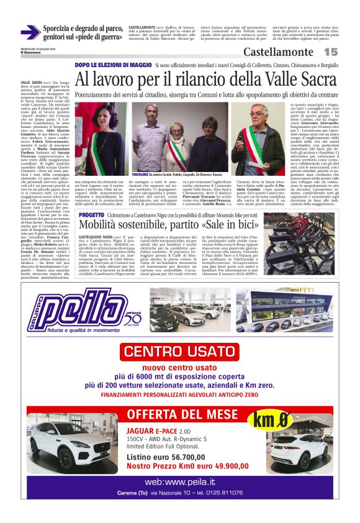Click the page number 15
click(330, 52)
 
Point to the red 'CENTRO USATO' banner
click(181, 352)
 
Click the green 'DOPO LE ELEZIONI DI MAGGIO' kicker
click(112, 65)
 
